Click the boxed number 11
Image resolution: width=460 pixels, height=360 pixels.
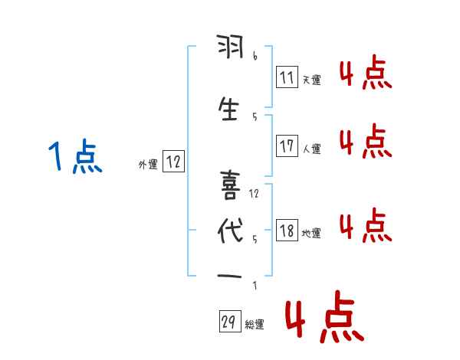point(287,77)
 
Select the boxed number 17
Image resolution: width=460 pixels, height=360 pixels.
point(287,146)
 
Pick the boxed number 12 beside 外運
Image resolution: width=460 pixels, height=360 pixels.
point(173,162)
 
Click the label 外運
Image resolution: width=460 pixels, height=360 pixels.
point(147,163)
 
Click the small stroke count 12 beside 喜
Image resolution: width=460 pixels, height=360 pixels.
point(254,193)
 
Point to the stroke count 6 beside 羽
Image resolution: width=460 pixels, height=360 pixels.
point(254,57)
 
